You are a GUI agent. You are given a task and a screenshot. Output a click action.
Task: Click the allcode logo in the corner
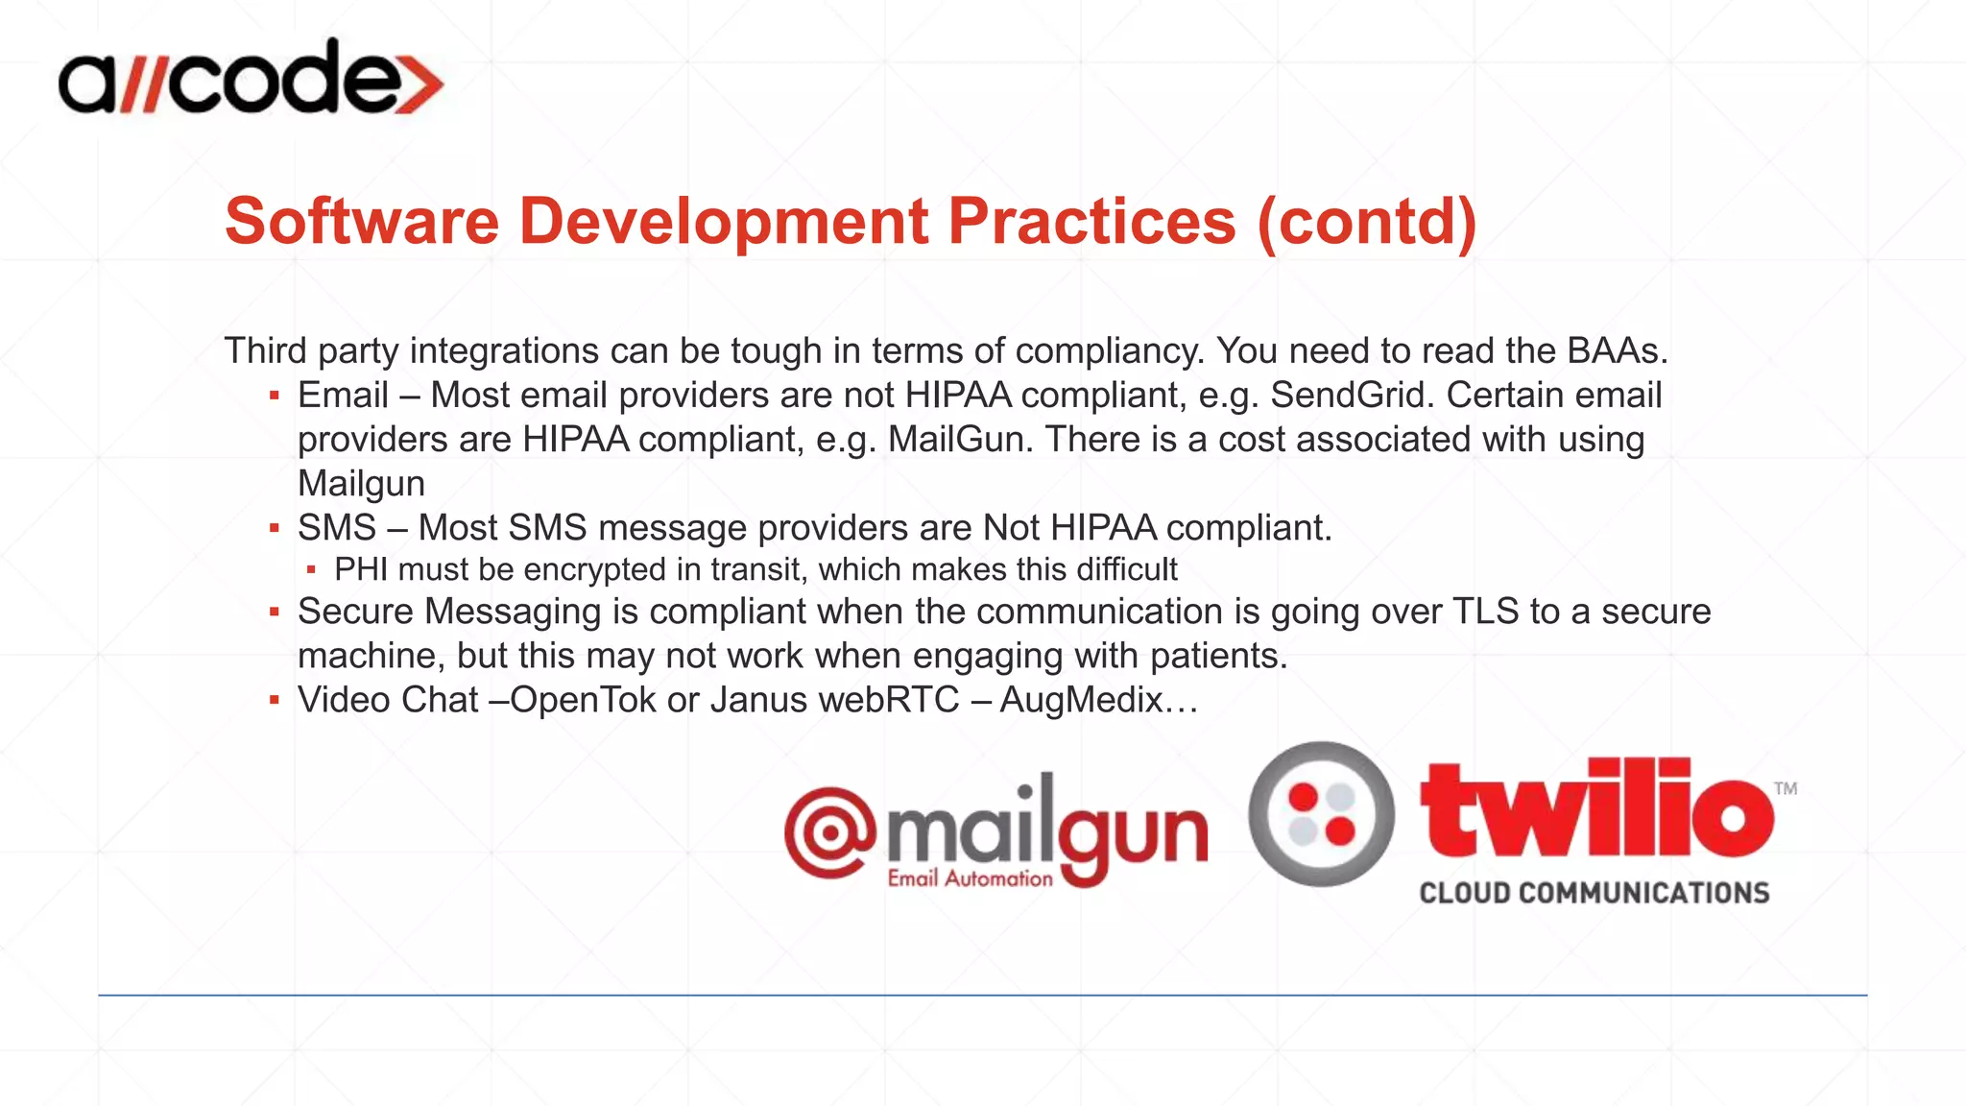(x=250, y=78)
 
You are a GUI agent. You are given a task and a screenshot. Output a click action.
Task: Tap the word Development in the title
(x=724, y=222)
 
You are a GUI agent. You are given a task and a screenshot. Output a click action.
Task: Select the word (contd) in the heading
(x=1367, y=222)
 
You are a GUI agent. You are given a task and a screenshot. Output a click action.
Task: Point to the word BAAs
(x=1616, y=350)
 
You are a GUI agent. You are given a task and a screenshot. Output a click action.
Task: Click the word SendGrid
(x=1348, y=395)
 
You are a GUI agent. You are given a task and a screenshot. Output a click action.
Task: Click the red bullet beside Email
(x=275, y=395)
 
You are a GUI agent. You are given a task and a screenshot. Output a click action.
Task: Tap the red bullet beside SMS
(x=275, y=527)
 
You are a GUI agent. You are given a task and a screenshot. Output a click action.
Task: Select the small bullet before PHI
(x=311, y=569)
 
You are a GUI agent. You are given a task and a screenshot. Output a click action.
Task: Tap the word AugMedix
(x=1082, y=700)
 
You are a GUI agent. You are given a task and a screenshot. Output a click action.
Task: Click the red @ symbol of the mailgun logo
(x=830, y=831)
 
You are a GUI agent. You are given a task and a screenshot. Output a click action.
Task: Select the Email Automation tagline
(x=970, y=878)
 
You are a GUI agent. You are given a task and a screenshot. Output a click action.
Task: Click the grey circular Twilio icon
(x=1321, y=814)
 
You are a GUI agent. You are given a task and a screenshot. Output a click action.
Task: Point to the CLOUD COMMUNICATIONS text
(x=1594, y=893)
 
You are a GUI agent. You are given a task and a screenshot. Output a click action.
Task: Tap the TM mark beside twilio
(x=1786, y=789)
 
